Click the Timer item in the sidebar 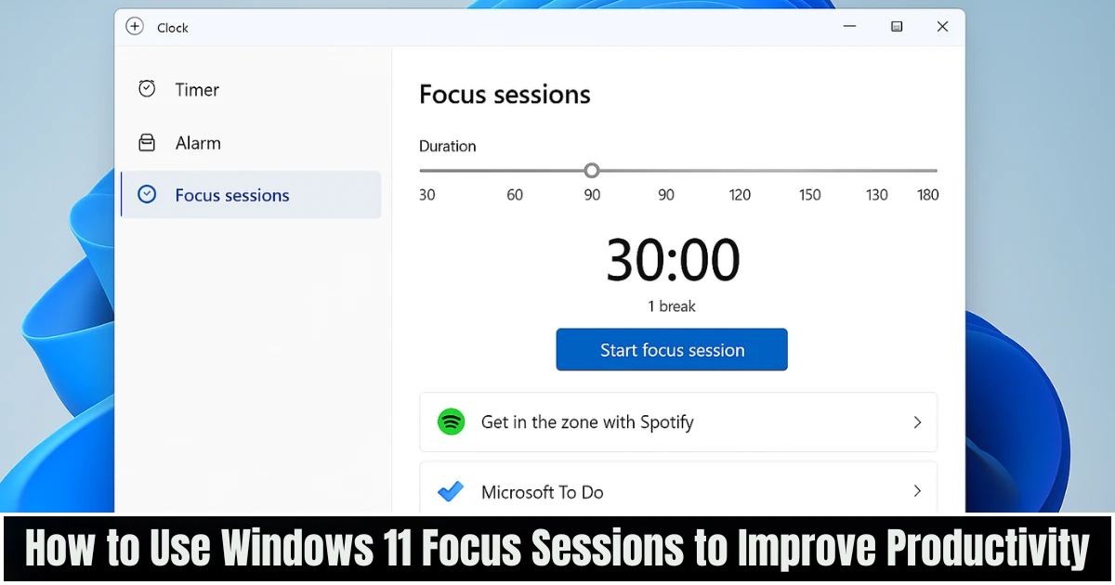coord(197,90)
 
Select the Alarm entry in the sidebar coord(197,143)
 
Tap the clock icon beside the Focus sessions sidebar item coord(147,194)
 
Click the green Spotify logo coord(451,422)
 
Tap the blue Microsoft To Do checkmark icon coord(451,492)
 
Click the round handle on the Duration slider coord(592,171)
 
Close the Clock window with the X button coord(942,27)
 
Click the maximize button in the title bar coord(897,27)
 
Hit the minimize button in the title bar coord(850,27)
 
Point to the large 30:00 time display coord(673,260)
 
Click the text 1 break coord(672,306)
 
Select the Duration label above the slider coord(447,146)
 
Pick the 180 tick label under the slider coord(927,195)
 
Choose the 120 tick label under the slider coord(740,195)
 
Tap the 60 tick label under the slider coord(515,195)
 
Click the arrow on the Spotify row coord(917,422)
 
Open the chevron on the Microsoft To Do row coord(917,491)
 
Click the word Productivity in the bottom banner coord(988,550)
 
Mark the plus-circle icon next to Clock coord(135,27)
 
